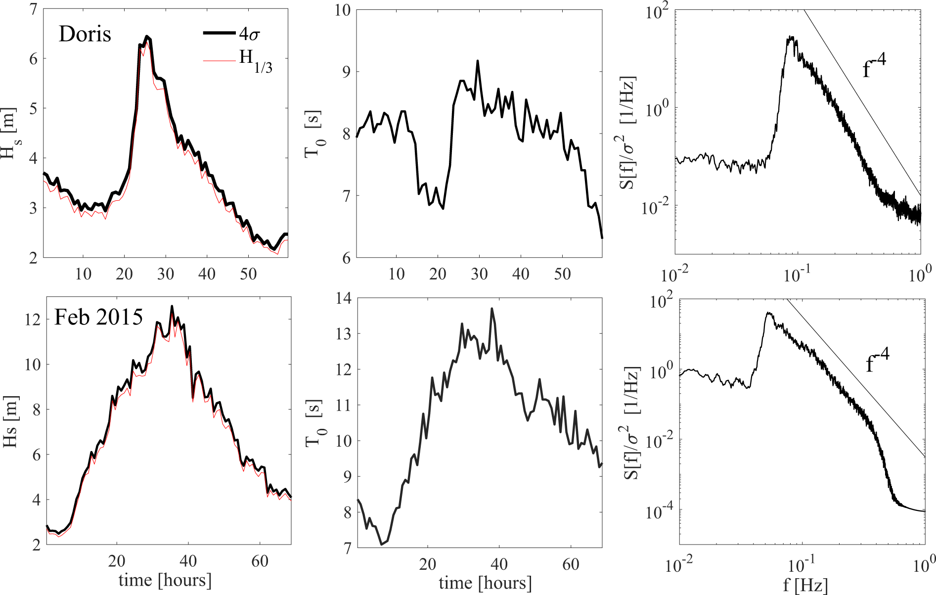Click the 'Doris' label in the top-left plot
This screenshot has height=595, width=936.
(85, 34)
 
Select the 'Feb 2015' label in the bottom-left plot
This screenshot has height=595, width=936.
(98, 317)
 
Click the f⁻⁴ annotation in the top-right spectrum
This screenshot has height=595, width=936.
(874, 68)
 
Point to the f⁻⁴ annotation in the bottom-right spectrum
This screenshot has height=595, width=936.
(877, 361)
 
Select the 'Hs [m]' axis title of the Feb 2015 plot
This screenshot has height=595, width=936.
(10, 421)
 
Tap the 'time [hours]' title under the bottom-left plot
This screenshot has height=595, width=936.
(165, 579)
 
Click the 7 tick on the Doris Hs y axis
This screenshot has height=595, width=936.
(33, 9)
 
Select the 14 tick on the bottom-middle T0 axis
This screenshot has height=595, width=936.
(343, 298)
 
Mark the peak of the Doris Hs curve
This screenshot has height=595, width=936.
(146, 36)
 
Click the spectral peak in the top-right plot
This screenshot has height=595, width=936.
(791, 37)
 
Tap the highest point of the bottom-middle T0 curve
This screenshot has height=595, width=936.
(491, 309)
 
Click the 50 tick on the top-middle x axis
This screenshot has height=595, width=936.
(562, 274)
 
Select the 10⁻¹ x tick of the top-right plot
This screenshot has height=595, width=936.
(796, 274)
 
